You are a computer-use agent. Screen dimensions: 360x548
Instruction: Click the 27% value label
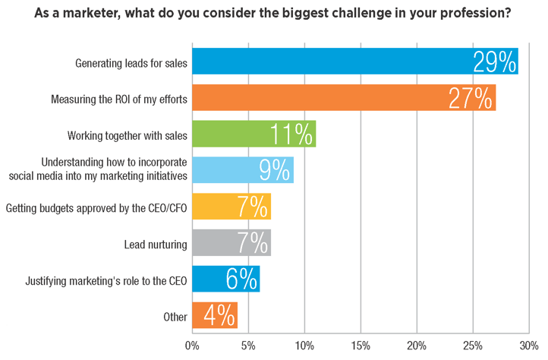(471, 98)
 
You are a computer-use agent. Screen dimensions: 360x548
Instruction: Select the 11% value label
(291, 134)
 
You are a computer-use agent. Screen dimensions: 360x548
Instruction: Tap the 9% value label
(273, 170)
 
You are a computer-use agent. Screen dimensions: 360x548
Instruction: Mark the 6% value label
(241, 279)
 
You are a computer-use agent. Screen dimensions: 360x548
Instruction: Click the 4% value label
(219, 316)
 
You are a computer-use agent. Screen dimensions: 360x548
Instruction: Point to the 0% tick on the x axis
(193, 346)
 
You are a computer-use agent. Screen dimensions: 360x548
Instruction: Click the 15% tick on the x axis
(361, 346)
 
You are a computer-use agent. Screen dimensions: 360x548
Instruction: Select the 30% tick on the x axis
(528, 346)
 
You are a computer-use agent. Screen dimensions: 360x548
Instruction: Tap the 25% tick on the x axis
(472, 346)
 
